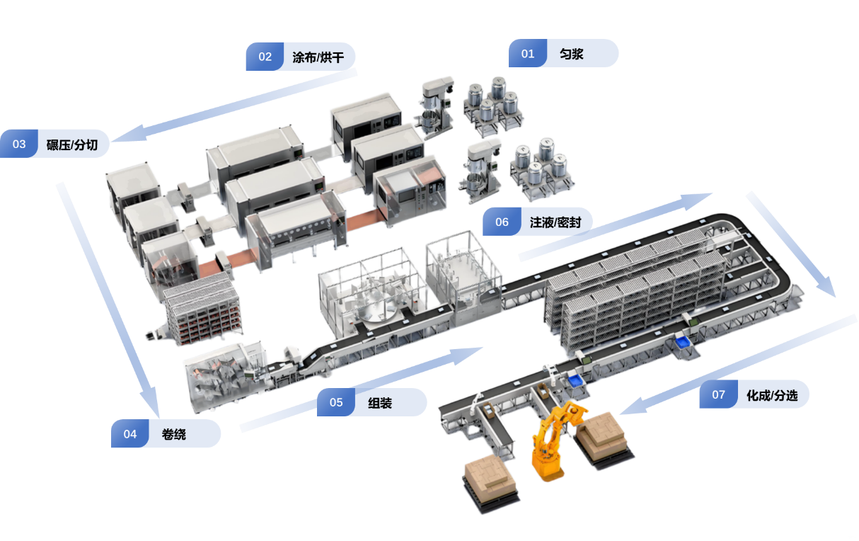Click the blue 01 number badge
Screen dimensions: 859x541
(528, 53)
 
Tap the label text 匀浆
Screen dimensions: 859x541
(572, 54)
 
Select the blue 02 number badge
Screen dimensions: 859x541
(265, 57)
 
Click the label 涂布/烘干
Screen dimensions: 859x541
(318, 57)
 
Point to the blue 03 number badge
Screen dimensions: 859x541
(19, 144)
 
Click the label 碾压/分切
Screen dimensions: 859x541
(72, 144)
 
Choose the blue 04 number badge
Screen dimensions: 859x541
(130, 433)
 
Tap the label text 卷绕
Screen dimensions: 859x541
(174, 434)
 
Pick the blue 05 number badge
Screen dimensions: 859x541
(336, 402)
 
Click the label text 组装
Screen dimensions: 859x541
(380, 403)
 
